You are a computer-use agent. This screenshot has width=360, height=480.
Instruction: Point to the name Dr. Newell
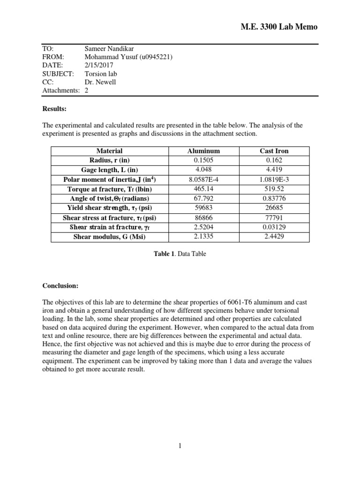(x=101, y=82)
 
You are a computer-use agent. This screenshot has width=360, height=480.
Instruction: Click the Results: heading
(x=54, y=109)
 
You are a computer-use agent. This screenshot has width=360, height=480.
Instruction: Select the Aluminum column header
(x=203, y=151)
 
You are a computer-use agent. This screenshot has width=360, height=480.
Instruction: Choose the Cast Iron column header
(x=274, y=151)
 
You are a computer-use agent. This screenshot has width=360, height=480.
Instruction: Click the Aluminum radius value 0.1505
(x=203, y=160)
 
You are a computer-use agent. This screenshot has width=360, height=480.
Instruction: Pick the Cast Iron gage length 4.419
(x=274, y=170)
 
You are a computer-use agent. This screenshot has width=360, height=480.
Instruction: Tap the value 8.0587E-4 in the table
(x=203, y=180)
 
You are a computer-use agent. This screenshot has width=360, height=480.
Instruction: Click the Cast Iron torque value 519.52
(x=274, y=189)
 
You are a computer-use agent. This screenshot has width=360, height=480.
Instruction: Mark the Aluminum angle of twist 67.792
(x=203, y=198)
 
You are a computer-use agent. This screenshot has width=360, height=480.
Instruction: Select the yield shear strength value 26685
(x=274, y=208)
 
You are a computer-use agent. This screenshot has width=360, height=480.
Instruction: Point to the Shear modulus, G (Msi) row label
(x=109, y=237)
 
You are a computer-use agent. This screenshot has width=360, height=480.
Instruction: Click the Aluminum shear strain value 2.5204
(x=203, y=227)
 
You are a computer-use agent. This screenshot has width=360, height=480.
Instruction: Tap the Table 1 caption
(x=180, y=254)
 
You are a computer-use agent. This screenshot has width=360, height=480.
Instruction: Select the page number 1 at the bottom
(x=180, y=446)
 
